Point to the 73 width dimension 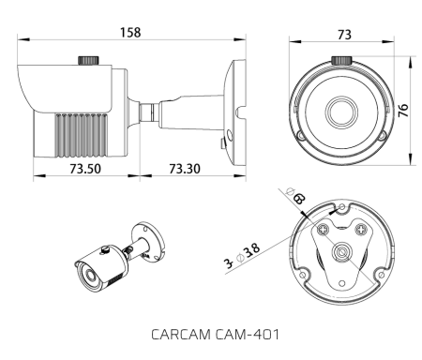[343, 34]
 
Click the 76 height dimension [403, 111]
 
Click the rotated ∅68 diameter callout [296, 198]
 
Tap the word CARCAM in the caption [179, 333]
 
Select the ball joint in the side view [147, 111]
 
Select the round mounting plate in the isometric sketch [146, 234]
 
